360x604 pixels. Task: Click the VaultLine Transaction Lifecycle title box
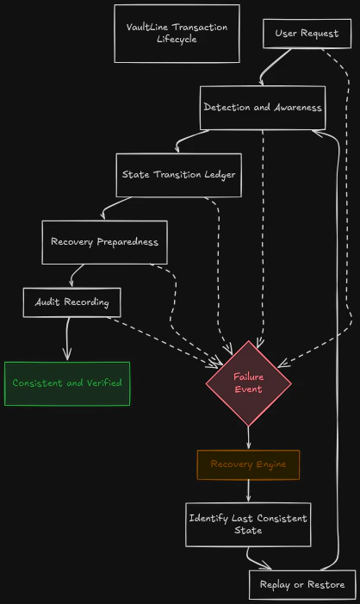pos(177,34)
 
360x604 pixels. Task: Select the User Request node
pos(307,34)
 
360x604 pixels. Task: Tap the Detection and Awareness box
pos(263,108)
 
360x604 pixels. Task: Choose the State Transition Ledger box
pos(178,175)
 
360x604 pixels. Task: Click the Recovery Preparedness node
pos(104,242)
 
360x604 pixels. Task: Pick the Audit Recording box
pos(71,302)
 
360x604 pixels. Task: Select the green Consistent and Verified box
pos(67,383)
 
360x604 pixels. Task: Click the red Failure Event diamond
pos(248,383)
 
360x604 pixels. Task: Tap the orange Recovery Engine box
pos(248,464)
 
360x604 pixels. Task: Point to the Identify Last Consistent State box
pos(248,525)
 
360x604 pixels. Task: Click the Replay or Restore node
pos(301,584)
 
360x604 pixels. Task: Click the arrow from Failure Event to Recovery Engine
pos(248,438)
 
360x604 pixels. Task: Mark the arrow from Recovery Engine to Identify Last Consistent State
pos(248,491)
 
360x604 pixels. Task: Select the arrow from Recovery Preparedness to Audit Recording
pos(76,274)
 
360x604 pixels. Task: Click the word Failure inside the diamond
pos(248,377)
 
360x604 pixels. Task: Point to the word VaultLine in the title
pos(147,27)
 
